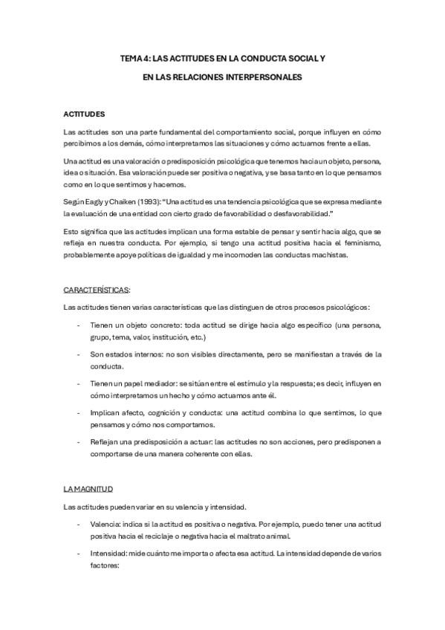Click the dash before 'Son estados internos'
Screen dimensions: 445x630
tap(79, 354)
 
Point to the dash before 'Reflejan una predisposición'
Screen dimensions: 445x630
tap(79, 441)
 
